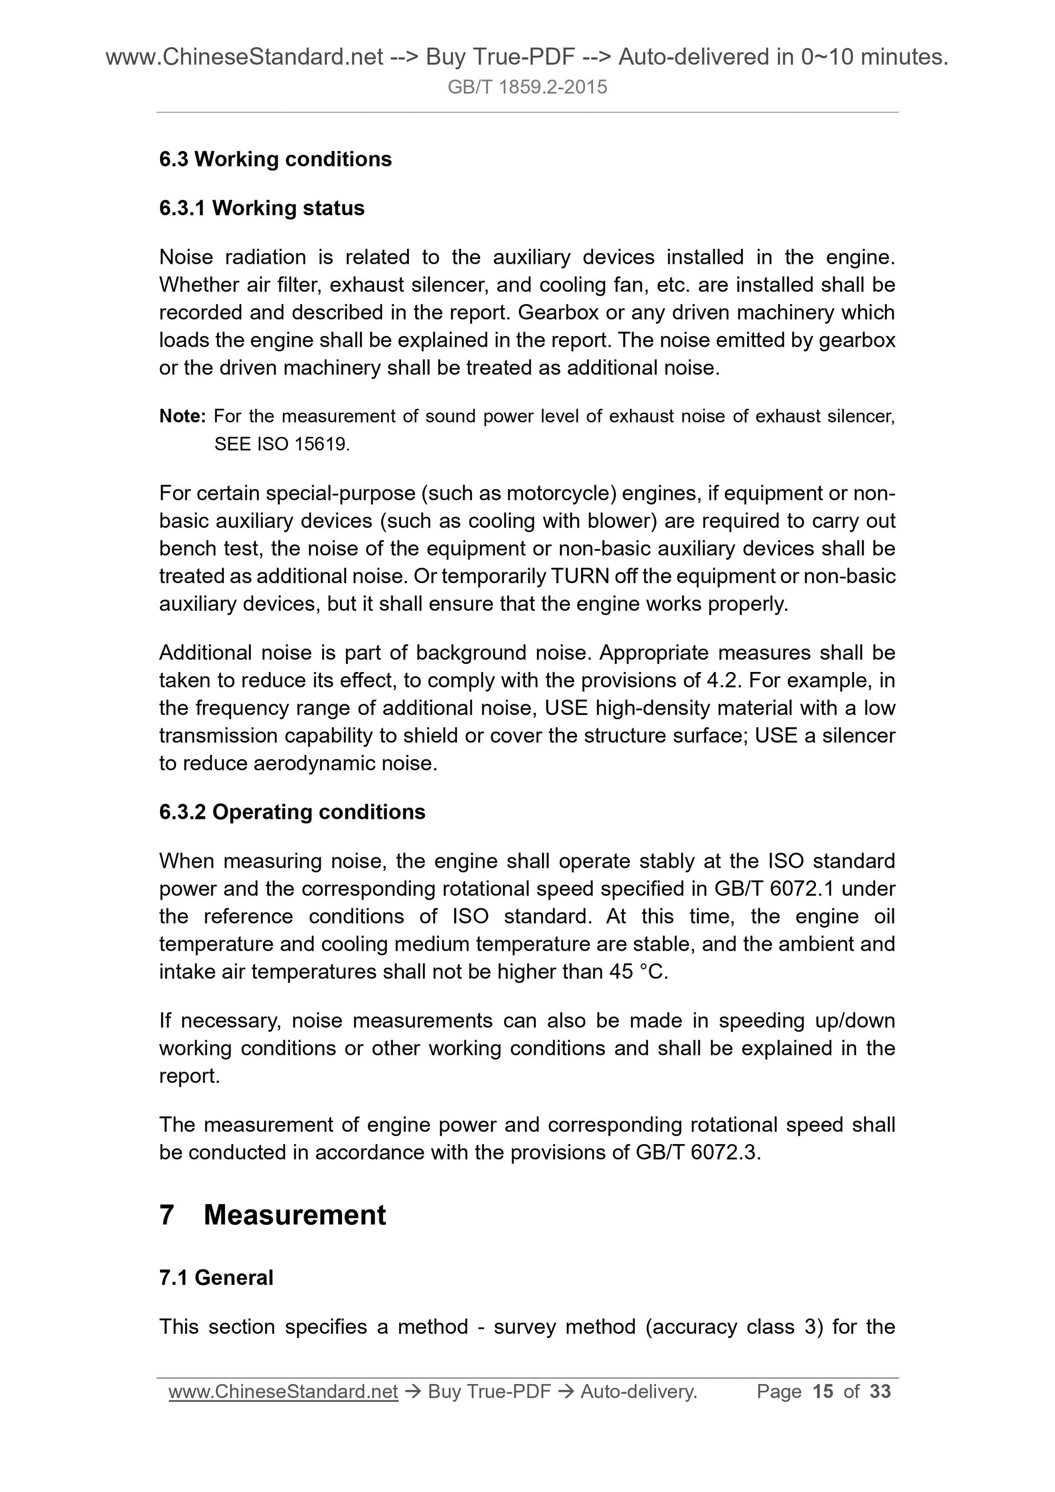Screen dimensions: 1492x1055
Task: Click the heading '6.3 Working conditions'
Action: coord(275,159)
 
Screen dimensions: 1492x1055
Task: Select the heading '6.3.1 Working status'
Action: coord(261,208)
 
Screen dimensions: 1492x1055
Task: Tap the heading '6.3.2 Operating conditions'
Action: coord(292,812)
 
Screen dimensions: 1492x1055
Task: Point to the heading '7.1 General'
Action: coord(216,1277)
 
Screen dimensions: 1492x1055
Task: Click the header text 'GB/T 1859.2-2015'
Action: coord(527,87)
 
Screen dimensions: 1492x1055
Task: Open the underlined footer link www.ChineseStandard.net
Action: coord(283,1391)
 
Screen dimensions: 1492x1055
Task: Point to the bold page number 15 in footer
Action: coord(822,1391)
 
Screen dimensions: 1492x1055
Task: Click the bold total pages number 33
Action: coord(880,1391)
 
